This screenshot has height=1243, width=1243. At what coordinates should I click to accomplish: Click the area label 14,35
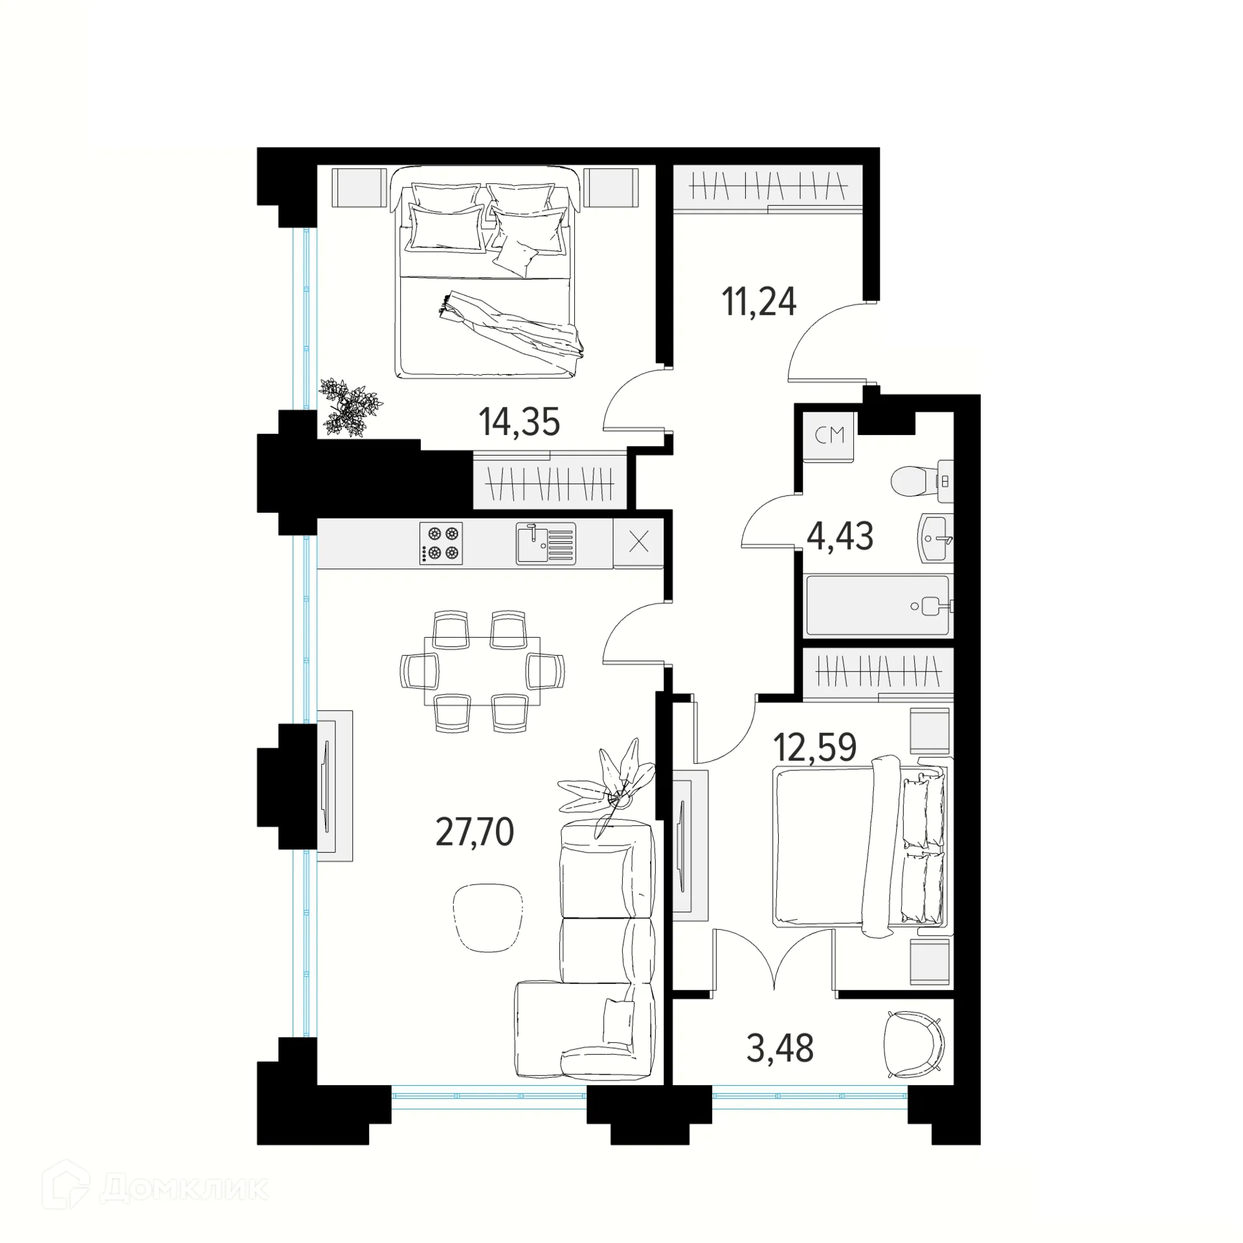[x=519, y=422]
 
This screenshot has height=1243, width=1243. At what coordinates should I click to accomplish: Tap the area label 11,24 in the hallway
[x=759, y=302]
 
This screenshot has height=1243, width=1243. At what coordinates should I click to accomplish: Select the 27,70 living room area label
[x=475, y=832]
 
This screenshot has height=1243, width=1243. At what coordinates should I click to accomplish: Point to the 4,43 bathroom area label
[x=840, y=536]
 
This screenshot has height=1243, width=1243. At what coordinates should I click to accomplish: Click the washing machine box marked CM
[x=829, y=436]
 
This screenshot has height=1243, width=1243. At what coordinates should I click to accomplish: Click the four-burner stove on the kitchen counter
[x=441, y=543]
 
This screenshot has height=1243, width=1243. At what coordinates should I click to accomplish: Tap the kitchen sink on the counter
[x=545, y=544]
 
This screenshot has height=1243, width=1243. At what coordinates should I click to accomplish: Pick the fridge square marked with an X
[x=638, y=542]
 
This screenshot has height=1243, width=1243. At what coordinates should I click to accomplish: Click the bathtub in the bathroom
[x=877, y=606]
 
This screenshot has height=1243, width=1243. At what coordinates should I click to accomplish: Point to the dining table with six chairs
[x=482, y=671]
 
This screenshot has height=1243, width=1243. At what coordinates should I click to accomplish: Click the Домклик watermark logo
[x=155, y=1189]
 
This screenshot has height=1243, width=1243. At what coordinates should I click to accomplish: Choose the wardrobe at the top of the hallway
[x=768, y=188]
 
